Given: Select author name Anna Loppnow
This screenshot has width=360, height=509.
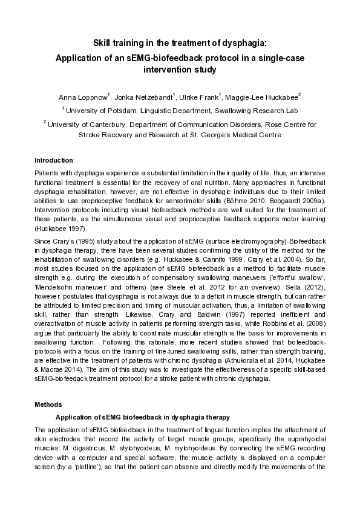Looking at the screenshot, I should (x=82, y=97).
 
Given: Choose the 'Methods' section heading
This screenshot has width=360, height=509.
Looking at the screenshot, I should (x=48, y=403).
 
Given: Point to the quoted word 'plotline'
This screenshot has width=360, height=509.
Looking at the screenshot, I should (x=79, y=467).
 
